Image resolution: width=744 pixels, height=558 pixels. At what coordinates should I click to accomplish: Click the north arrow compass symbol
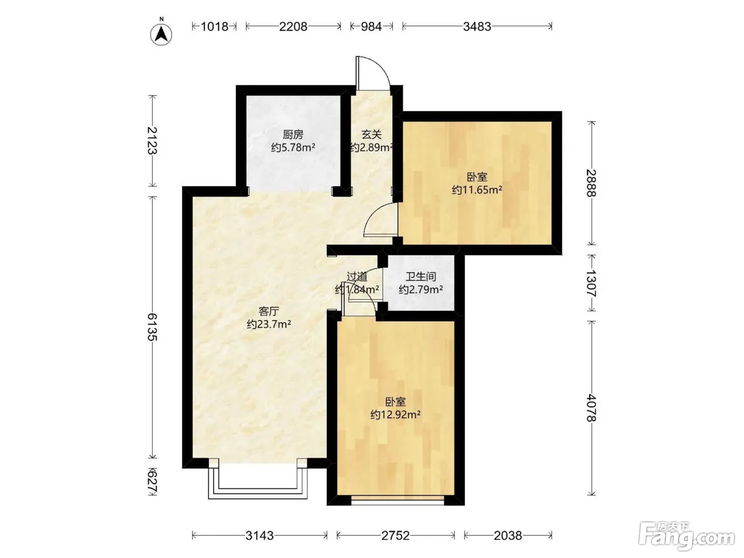click(161, 33)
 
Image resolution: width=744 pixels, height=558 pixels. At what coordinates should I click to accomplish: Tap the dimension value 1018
click(215, 27)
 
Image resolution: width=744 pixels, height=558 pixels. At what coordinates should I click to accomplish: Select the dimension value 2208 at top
click(293, 27)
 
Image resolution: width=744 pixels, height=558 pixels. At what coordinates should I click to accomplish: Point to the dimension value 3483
click(477, 27)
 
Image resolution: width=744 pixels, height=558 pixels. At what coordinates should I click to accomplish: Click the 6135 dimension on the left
click(153, 327)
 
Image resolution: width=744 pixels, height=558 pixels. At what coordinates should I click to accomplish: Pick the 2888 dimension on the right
click(591, 183)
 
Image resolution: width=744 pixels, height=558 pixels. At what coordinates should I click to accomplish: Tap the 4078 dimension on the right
click(591, 408)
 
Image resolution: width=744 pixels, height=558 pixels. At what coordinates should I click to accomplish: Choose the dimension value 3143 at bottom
click(260, 535)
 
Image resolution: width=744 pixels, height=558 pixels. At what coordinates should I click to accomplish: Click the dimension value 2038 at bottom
click(508, 535)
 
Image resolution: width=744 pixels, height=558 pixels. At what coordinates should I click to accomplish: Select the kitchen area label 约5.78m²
click(293, 148)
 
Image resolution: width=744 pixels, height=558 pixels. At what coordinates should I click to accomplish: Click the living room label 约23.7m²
click(269, 324)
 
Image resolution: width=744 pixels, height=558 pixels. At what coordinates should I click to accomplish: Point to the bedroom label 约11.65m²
click(477, 190)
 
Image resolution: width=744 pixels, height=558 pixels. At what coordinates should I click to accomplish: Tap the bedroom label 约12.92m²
click(395, 415)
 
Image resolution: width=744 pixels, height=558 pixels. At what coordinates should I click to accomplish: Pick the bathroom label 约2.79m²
click(421, 290)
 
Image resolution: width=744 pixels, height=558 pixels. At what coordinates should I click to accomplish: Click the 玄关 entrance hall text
click(371, 134)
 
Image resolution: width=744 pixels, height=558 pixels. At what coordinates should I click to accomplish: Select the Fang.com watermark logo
click(687, 536)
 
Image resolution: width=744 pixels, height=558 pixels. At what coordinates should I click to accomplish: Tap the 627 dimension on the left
click(153, 482)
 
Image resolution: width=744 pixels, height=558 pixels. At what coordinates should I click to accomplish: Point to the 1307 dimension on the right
click(591, 283)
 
